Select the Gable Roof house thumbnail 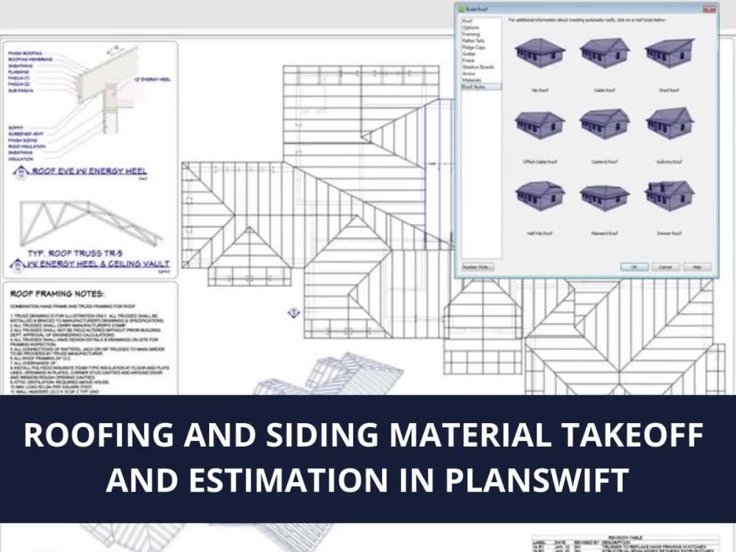604,52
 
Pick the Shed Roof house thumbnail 668,52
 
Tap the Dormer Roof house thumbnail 668,196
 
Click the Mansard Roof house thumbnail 604,197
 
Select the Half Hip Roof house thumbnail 539,196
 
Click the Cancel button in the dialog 665,266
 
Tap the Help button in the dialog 697,266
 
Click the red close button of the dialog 709,9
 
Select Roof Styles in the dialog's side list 472,87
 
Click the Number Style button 477,266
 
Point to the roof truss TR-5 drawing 88,223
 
